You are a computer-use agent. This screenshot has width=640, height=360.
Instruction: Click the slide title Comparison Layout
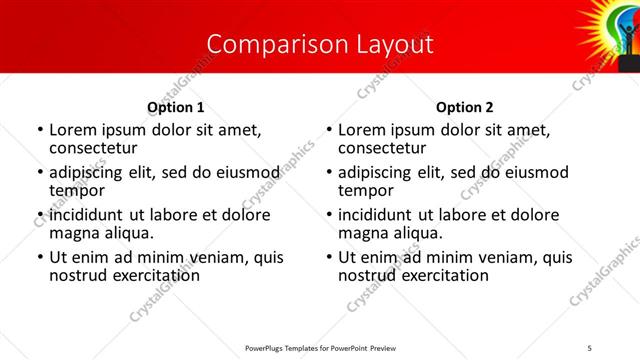coord(320,44)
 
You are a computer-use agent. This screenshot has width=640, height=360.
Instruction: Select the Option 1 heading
coord(175,107)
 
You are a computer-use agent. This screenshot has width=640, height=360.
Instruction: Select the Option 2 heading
coord(464,107)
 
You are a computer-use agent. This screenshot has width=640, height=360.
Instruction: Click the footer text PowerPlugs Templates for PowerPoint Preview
coord(319,348)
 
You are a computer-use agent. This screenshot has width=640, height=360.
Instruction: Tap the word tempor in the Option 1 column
coord(75,191)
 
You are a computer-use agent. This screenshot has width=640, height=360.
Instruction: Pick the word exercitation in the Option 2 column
coord(444,275)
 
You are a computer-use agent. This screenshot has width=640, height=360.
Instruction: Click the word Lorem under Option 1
coord(72,130)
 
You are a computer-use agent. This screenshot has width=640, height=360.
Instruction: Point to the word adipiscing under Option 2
coord(379,172)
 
